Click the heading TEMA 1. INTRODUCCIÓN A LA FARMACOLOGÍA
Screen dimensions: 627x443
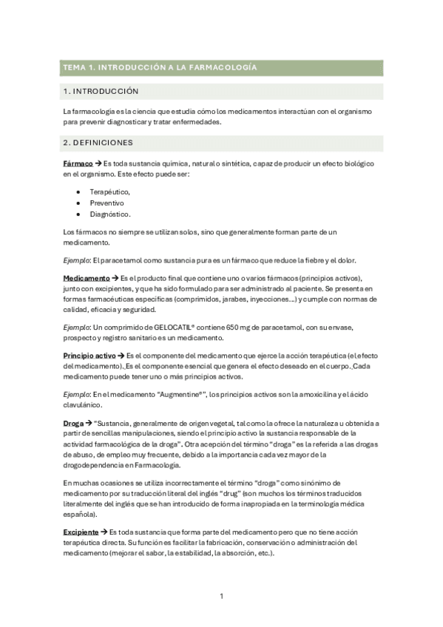[x=160, y=67]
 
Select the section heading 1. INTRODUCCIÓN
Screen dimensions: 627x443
[x=101, y=92]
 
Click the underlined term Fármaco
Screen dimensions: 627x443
[x=78, y=163]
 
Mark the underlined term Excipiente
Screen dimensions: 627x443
[x=82, y=532]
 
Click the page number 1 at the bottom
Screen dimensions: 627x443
[x=221, y=596]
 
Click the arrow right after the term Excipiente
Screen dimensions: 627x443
[x=104, y=532]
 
